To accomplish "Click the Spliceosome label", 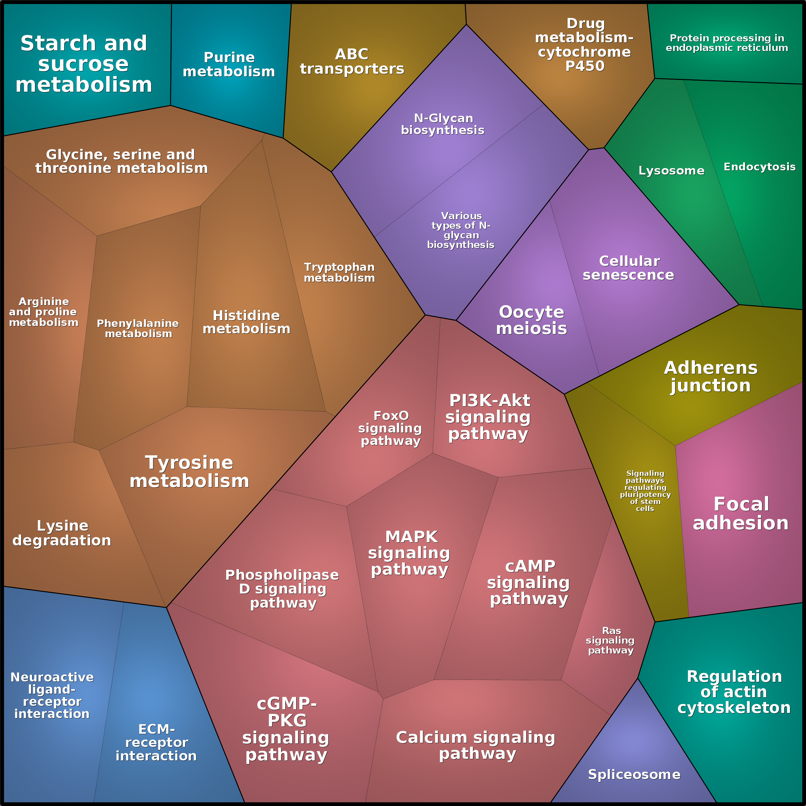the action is click(x=634, y=775).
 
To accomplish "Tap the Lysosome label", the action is click(x=671, y=171).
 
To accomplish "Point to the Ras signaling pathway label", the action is click(x=610, y=640).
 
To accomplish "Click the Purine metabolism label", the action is click(x=229, y=64).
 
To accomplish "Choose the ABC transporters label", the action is click(x=352, y=61).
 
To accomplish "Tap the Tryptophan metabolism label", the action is click(x=339, y=272).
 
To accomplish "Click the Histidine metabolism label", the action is click(x=246, y=322).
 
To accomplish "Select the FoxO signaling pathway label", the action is click(x=390, y=428).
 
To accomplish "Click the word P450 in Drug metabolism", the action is click(x=585, y=66).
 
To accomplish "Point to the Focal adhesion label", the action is click(x=741, y=514).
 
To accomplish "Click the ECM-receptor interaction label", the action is click(x=156, y=742).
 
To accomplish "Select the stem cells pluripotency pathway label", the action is click(x=645, y=491).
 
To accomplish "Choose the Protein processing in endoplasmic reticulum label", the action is click(x=727, y=43).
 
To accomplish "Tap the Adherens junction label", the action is click(x=710, y=377).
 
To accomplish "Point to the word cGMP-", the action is click(x=287, y=704).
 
